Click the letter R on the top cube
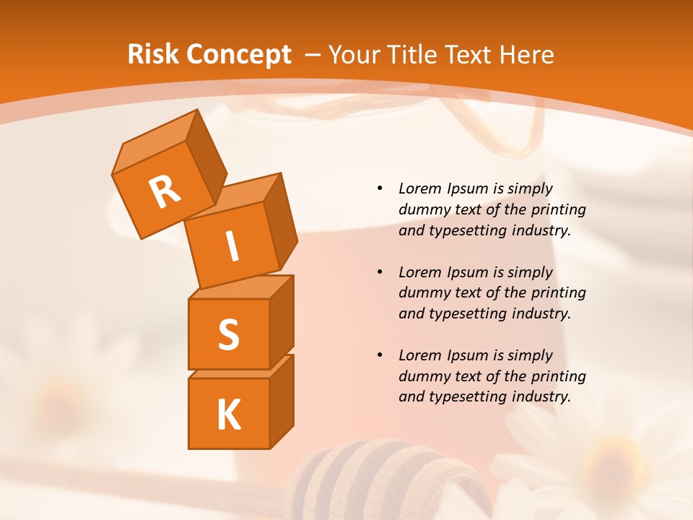click(x=165, y=191)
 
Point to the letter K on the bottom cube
click(x=228, y=415)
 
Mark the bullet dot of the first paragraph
click(x=380, y=188)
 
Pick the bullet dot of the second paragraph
click(x=380, y=272)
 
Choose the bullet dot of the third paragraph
click(x=380, y=355)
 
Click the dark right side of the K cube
click(x=282, y=402)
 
